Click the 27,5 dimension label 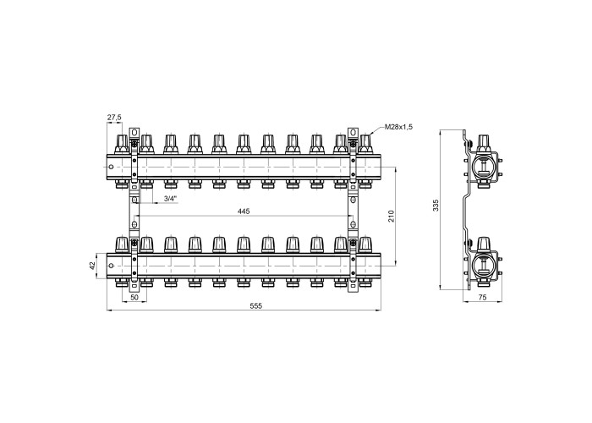pyautogui.click(x=114, y=118)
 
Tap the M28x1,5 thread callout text pyautogui.click(x=398, y=127)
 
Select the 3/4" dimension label pyautogui.click(x=170, y=199)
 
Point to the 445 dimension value pyautogui.click(x=244, y=211)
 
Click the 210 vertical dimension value pyautogui.click(x=391, y=216)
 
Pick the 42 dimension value pyautogui.click(x=92, y=266)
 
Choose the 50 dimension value pyautogui.click(x=134, y=298)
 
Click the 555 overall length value pyautogui.click(x=255, y=306)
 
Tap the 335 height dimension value pyautogui.click(x=436, y=205)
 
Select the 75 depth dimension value pyautogui.click(x=482, y=298)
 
